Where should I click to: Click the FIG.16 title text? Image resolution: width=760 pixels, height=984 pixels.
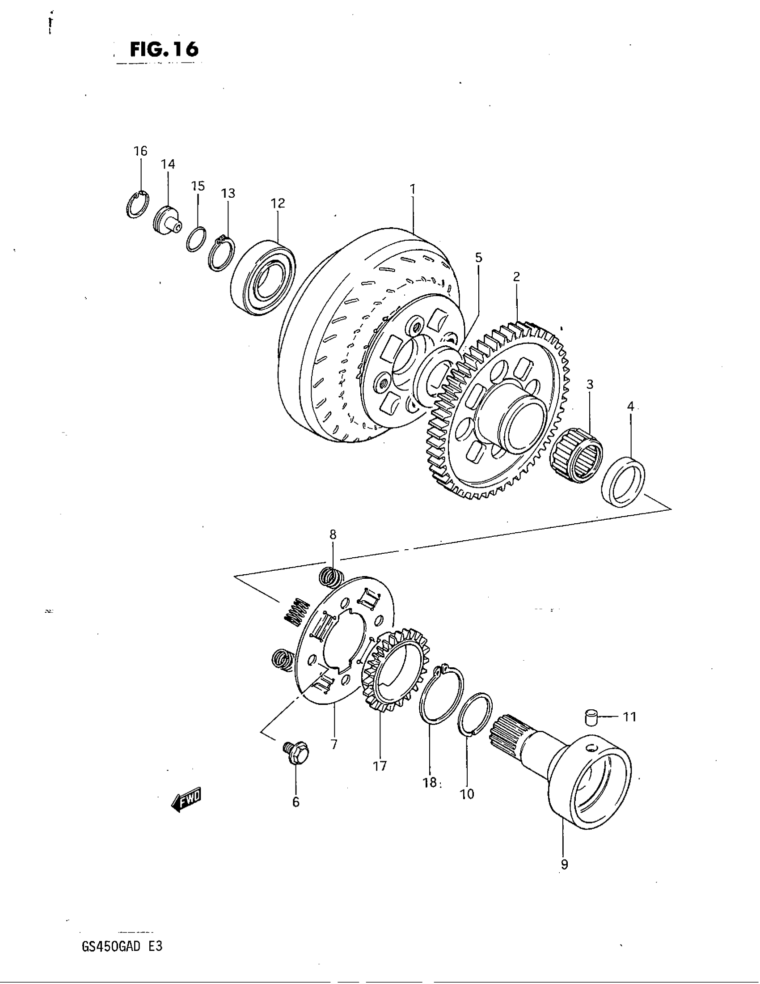pos(164,49)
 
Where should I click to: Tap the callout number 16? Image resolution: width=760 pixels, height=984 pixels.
pos(140,151)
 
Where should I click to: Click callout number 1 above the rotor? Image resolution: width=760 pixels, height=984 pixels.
pos(413,189)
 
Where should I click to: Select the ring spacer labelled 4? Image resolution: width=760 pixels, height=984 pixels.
pos(624,482)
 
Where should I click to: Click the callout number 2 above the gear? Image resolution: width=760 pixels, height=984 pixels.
pos(516,276)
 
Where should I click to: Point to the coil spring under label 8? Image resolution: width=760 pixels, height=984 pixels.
pos(332,577)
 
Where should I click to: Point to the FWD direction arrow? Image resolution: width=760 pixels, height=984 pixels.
pos(187,801)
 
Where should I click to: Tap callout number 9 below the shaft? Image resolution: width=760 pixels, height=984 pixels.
pos(564,865)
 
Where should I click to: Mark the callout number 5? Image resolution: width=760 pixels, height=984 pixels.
pos(479,258)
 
